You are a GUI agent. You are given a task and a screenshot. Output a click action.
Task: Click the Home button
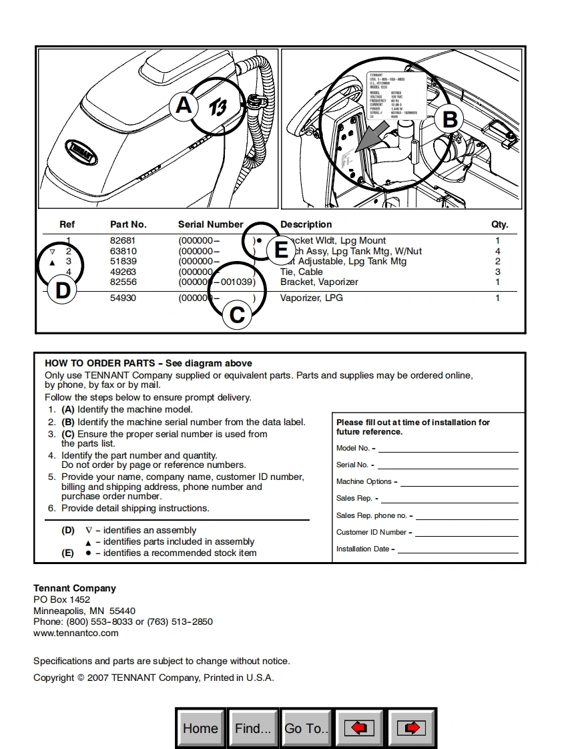point(200,728)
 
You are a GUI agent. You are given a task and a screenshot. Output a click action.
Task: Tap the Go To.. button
point(306,728)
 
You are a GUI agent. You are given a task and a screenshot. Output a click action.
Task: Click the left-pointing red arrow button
point(359,728)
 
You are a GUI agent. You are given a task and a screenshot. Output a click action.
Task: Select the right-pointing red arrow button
point(411,728)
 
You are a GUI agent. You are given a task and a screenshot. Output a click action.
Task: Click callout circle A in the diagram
point(184,105)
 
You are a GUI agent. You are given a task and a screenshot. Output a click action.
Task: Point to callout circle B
point(450,119)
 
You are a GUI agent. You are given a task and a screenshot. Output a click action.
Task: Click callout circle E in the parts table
point(281,250)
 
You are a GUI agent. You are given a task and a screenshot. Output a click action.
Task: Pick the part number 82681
point(123,240)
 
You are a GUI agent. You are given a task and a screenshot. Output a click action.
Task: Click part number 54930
point(123,298)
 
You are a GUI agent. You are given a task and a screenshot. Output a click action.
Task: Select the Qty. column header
point(499,224)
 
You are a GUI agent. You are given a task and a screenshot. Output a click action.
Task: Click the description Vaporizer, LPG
point(311,298)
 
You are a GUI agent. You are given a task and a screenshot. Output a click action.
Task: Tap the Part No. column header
point(128,224)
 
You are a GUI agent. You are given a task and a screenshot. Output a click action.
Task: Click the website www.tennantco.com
point(76,633)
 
